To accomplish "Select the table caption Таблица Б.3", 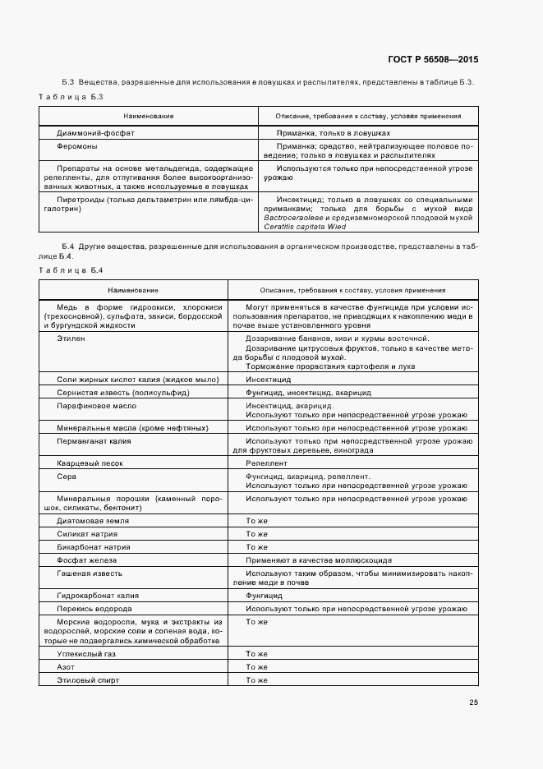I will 70,97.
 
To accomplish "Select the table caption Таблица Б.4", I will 70,269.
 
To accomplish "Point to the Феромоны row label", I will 78,146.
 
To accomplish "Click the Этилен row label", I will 71,338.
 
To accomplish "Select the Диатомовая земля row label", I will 93,520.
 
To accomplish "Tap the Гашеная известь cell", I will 90,573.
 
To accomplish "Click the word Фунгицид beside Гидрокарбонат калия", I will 265,595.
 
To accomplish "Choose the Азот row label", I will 67,666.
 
